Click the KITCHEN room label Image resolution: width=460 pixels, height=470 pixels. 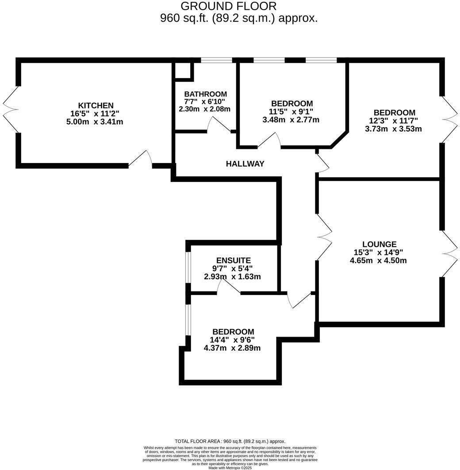96,106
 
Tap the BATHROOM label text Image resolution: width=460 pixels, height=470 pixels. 205,94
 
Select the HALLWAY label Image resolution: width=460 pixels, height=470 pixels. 245,164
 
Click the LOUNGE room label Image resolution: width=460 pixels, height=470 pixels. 379,244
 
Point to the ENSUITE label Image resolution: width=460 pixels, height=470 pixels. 233,261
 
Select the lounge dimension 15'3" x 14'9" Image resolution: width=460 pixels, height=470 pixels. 378,253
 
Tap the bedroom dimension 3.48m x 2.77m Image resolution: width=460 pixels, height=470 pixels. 291,120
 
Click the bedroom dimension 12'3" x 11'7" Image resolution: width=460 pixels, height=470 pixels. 394,121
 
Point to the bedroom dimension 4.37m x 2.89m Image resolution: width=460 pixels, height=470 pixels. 232,348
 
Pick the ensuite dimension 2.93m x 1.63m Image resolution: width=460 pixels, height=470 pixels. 232,277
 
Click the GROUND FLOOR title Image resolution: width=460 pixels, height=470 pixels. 229,6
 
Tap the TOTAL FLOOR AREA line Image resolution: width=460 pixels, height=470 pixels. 230,441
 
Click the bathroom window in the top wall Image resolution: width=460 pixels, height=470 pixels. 216,60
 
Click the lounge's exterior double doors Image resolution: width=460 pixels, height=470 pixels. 450,253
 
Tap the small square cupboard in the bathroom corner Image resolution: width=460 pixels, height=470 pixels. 183,71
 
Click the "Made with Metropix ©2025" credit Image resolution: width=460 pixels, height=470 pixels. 230,468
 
